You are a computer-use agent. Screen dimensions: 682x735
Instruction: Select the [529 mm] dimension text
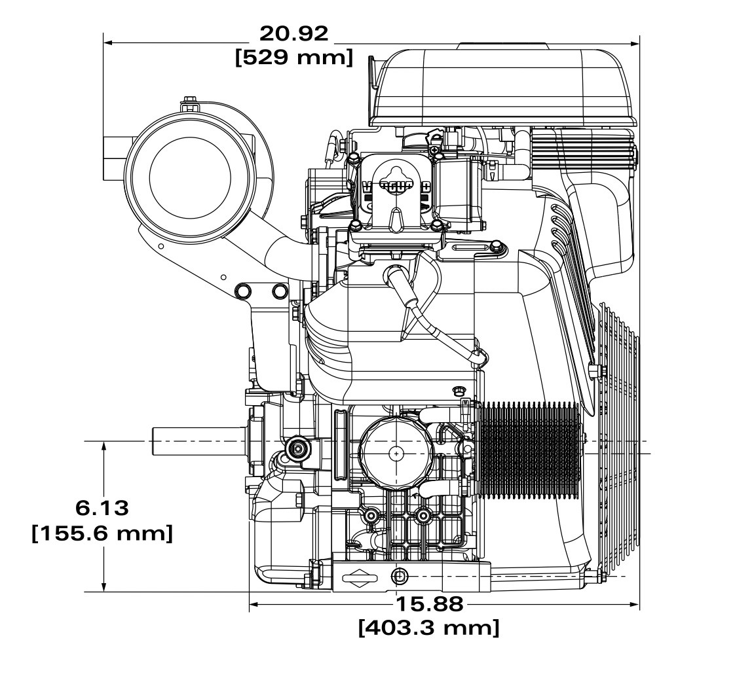293,57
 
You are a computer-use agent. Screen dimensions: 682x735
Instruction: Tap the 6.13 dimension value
102,509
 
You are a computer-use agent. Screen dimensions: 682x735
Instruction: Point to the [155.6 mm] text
102,533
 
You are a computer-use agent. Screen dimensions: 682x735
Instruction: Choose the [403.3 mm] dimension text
429,628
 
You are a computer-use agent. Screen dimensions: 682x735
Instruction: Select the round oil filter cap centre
397,453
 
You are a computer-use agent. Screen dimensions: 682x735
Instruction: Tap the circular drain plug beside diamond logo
399,576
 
